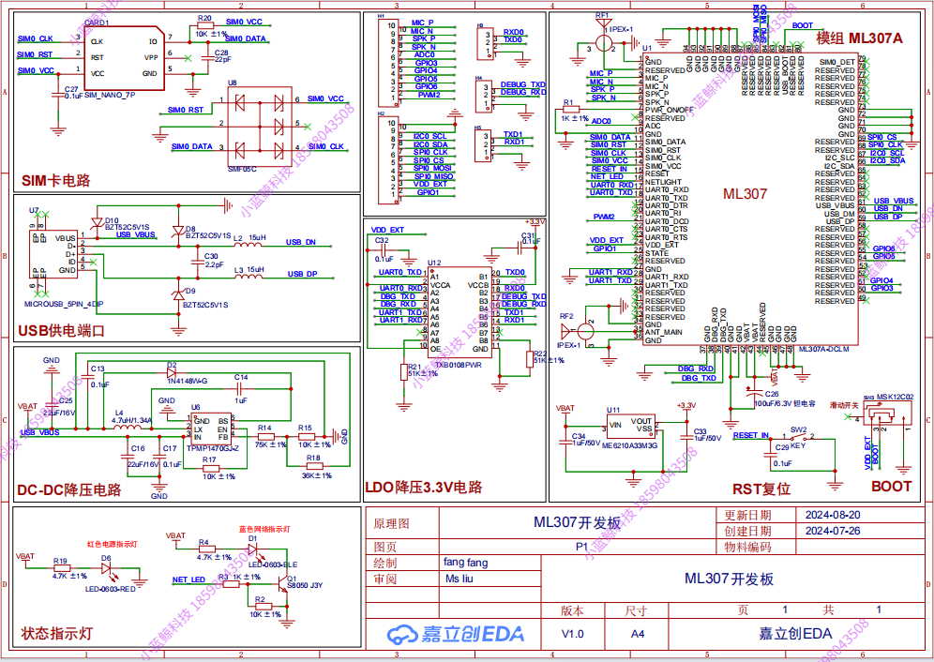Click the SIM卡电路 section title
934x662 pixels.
[56, 180]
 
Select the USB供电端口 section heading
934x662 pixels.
[62, 331]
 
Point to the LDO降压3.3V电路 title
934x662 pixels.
[423, 488]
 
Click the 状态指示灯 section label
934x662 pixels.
[56, 634]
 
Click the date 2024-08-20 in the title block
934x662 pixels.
[833, 515]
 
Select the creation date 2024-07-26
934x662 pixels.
[833, 531]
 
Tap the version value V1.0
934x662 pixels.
[572, 634]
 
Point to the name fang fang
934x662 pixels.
[465, 563]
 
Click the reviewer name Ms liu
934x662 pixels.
[459, 579]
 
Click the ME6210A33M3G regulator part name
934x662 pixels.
[630, 447]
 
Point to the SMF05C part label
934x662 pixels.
[242, 170]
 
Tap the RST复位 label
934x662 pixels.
[761, 489]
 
